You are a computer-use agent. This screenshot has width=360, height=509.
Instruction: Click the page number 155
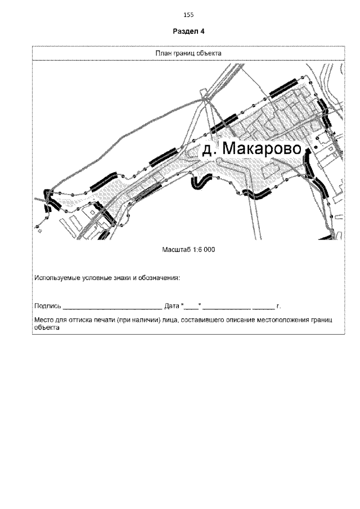click(188, 15)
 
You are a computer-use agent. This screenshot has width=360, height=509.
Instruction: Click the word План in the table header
click(162, 53)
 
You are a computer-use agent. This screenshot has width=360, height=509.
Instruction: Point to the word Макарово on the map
click(263, 149)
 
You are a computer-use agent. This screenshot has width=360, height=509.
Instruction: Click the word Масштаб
click(175, 250)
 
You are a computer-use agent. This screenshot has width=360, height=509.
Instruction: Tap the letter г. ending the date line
click(278, 307)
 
